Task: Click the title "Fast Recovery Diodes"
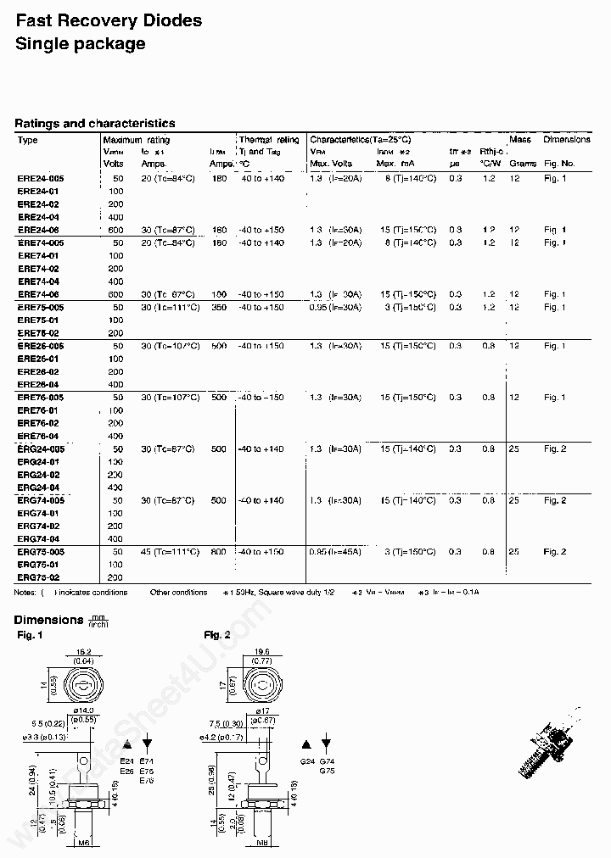coord(109,19)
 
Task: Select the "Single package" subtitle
coord(80,44)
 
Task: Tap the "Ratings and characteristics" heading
coord(94,124)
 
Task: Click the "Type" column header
coord(28,140)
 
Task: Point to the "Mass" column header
coord(520,140)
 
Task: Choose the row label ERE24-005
coord(41,179)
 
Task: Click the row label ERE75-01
coord(38,320)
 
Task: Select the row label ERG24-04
coord(38,487)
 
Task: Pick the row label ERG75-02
coord(38,577)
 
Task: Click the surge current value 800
coord(218,552)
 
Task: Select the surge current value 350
coord(218,308)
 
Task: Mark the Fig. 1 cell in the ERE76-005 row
coord(555,398)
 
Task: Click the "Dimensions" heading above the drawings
coord(48,621)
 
